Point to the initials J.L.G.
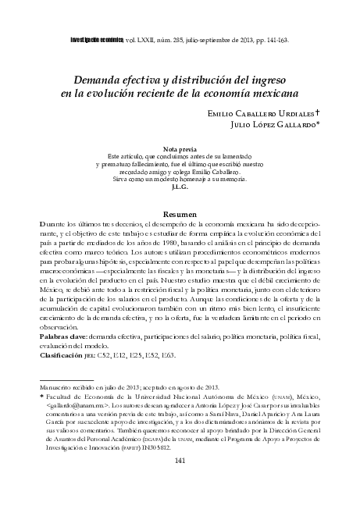coord(180,187)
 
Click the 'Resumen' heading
coord(180,214)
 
